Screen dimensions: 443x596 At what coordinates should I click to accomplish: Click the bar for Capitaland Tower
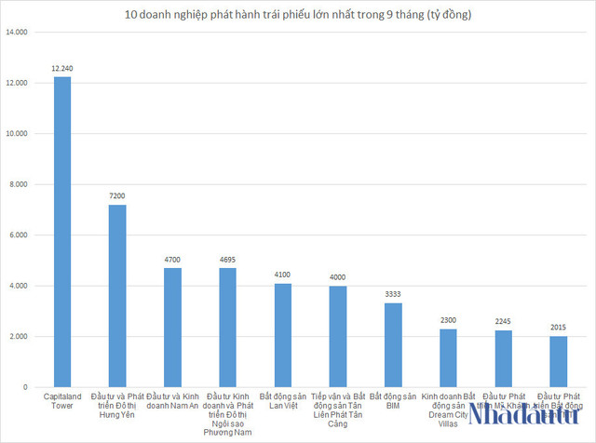tap(62, 232)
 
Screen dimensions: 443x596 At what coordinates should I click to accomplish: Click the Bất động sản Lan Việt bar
tap(283, 335)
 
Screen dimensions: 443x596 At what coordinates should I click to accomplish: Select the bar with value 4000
tap(338, 336)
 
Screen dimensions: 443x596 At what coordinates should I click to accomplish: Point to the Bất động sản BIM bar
tap(393, 344)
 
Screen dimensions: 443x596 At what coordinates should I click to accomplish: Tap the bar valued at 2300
tap(448, 357)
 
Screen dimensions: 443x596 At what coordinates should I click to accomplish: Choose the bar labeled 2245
tap(504, 358)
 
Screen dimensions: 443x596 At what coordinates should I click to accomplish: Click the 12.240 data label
tap(62, 69)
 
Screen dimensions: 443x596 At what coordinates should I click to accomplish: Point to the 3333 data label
tap(393, 295)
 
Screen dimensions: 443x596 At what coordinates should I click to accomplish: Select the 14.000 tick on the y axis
tap(19, 33)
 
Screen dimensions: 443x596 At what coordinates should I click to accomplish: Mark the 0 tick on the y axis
tap(27, 387)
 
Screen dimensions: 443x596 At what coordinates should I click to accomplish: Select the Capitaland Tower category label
tap(62, 401)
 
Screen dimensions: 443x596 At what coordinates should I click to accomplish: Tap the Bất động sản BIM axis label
tap(393, 401)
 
